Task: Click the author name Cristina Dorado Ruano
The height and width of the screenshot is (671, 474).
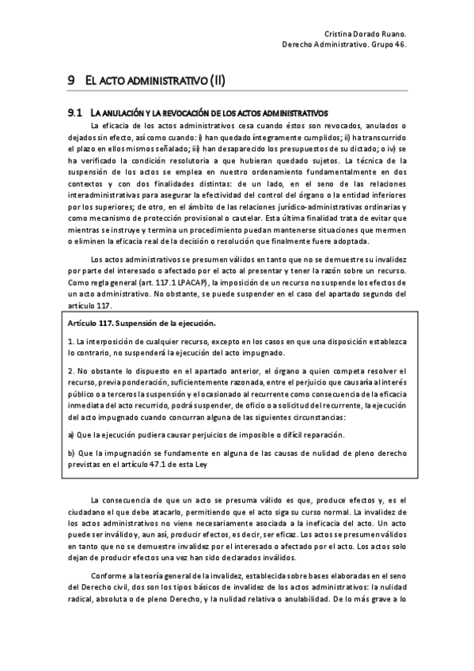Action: [366, 33]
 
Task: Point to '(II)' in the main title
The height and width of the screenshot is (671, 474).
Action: [217, 80]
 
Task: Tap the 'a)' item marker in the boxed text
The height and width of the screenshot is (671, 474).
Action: [71, 435]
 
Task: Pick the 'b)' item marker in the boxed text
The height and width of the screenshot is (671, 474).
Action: [71, 453]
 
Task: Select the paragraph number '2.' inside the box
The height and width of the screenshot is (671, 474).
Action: [70, 371]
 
